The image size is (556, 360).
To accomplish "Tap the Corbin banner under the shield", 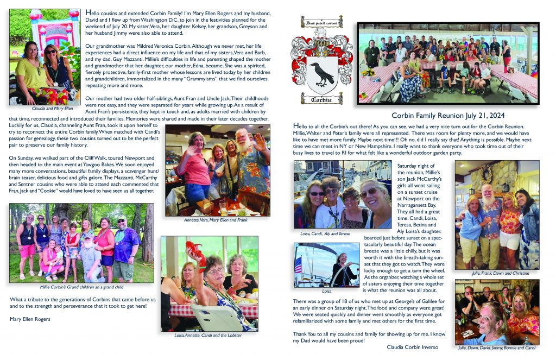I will point(323,99).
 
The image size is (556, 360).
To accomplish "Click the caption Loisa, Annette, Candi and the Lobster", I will point(209,335).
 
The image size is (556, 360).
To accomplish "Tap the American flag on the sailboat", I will point(298,265).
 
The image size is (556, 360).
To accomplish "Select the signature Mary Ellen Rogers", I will point(30,319).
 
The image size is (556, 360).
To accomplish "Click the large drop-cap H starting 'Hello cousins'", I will point(89,12).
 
